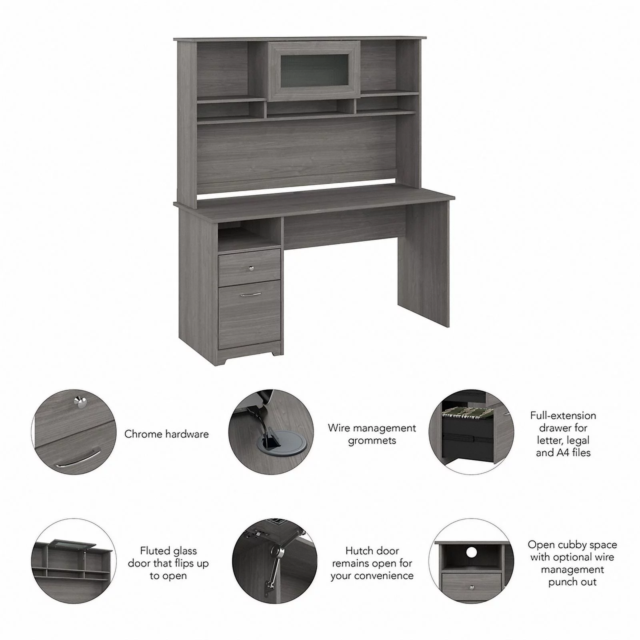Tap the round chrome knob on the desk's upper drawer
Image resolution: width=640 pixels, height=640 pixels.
(251, 268)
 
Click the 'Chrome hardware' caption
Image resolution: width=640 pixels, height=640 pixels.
(166, 434)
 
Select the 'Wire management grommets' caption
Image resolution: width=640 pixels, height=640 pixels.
(372, 434)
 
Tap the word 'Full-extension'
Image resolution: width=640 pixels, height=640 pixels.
(563, 416)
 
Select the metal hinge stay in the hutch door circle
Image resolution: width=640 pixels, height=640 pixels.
(272, 560)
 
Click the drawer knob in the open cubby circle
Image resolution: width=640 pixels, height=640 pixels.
(472, 587)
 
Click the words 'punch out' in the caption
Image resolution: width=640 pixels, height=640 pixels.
(572, 582)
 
